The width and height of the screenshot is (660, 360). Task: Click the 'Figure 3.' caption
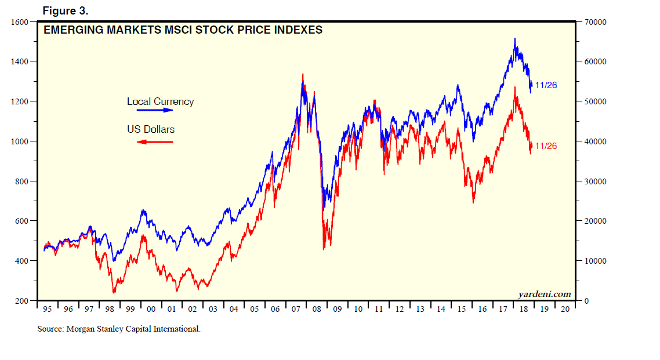point(66,11)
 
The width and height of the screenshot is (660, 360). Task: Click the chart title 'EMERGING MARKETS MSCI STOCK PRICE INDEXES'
point(183,30)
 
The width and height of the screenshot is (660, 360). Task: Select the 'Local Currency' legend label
point(160,101)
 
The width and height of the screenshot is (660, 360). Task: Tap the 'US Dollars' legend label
point(151,129)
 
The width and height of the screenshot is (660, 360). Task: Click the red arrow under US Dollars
point(155,141)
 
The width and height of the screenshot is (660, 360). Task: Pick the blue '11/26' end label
point(546,85)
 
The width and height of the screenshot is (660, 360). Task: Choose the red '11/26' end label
point(546,146)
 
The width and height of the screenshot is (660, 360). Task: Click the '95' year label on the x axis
point(48,310)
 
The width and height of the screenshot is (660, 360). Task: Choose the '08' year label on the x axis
point(317,310)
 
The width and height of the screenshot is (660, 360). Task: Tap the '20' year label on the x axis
point(565,310)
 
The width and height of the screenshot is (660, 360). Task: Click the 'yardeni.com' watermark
point(545,294)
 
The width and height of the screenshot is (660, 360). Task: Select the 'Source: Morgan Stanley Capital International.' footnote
point(119,329)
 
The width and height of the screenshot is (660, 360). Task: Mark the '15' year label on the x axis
point(462,310)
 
